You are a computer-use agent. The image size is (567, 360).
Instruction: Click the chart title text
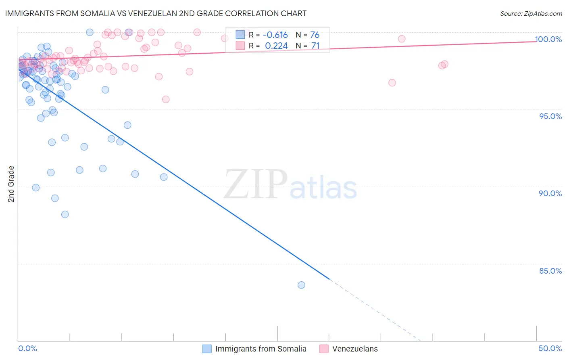pos(156,13)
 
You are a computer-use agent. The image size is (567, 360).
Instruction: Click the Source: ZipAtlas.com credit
pos(531,13)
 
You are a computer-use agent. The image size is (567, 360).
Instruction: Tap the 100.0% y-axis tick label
pos(548,39)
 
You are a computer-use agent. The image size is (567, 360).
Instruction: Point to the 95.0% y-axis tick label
pos(550,116)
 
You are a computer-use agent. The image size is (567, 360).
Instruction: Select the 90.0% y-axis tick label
pos(550,193)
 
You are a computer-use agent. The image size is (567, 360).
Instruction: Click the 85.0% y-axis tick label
pos(550,271)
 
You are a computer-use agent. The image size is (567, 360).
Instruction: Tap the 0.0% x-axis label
pos(27,348)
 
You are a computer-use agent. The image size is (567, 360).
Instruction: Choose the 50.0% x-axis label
pos(550,348)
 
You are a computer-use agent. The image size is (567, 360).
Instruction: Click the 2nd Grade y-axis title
pos(11,184)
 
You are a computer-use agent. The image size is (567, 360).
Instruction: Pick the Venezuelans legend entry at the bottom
pos(355,349)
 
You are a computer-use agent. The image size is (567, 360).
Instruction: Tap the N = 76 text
pos(308,35)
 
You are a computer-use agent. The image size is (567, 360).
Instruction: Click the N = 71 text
pos(308,46)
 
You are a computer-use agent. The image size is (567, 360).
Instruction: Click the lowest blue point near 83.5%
pos(301,285)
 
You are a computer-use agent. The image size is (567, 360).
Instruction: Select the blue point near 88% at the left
pos(65,214)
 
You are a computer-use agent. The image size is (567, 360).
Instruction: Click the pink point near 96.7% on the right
pos(392,83)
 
